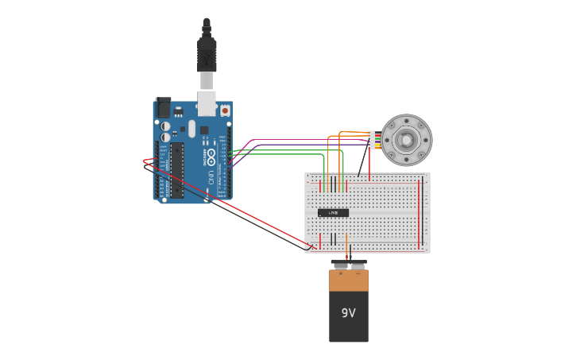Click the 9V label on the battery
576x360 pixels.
pos(349,313)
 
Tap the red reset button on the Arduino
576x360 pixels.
pos(225,110)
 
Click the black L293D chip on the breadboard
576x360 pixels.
pos(333,212)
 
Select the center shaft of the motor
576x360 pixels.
pos(407,141)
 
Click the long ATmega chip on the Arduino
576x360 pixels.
pos(176,170)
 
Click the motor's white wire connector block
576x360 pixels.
pos(371,140)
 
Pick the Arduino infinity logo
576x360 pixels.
pos(211,155)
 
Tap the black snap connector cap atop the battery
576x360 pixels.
pos(349,262)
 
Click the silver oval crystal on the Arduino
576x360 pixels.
pos(191,128)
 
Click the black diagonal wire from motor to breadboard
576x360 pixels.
pos(363,162)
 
